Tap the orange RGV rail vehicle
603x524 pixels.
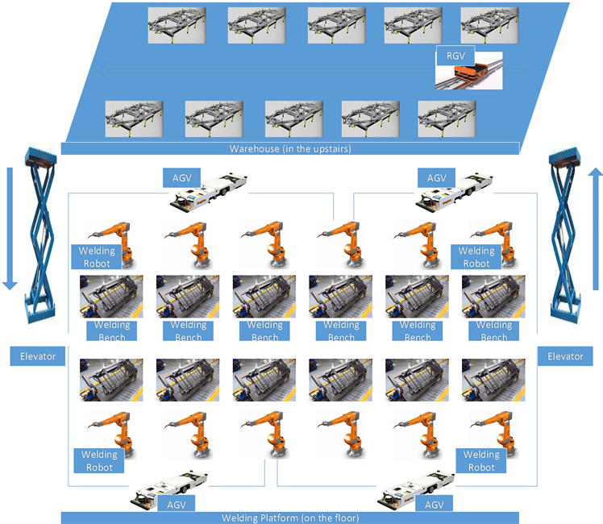point(471,74)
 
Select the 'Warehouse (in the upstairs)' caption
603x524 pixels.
point(290,148)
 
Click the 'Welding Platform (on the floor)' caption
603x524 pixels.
point(290,518)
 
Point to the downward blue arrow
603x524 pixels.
point(9,227)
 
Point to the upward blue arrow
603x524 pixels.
point(594,227)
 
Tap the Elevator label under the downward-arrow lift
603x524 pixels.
point(38,356)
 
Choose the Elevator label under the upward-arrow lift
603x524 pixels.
point(565,356)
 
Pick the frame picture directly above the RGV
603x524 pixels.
point(489,25)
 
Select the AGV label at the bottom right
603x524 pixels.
point(435,505)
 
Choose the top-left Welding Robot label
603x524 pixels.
point(96,256)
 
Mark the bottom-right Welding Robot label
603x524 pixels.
point(481,461)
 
